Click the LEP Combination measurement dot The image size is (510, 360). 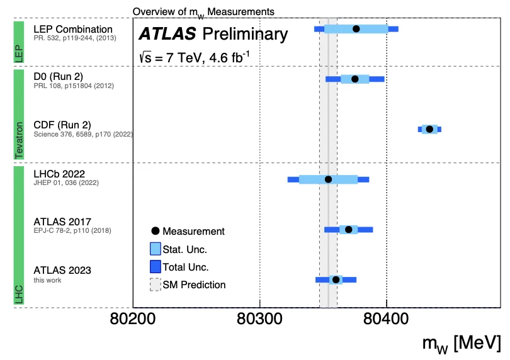(x=356, y=29)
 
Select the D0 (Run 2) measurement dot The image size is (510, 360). (x=354, y=79)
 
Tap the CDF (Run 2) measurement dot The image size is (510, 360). (x=429, y=129)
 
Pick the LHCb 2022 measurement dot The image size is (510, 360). (x=328, y=179)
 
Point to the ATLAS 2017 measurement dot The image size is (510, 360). (x=349, y=229)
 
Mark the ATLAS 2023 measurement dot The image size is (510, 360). (x=336, y=279)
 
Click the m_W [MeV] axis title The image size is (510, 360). (x=462, y=344)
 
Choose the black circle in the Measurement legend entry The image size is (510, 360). (x=156, y=232)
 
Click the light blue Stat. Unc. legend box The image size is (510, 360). (x=156, y=249)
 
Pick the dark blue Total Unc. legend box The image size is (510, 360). (x=156, y=267)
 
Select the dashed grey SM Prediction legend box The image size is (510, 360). (x=156, y=284)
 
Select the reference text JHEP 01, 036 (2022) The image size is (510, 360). (x=66, y=183)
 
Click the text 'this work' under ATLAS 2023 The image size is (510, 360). (x=47, y=281)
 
